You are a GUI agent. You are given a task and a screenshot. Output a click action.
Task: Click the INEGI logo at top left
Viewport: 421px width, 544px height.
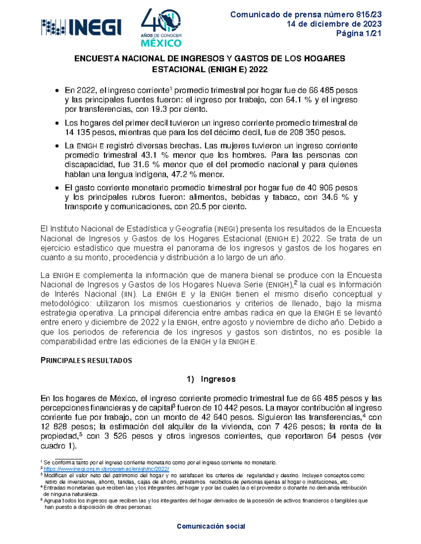pyautogui.click(x=81, y=27)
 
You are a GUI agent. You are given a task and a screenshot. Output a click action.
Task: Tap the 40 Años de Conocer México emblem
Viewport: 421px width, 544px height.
pyautogui.click(x=161, y=28)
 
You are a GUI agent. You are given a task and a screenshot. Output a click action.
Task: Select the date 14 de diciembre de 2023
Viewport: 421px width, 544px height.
pyautogui.click(x=334, y=24)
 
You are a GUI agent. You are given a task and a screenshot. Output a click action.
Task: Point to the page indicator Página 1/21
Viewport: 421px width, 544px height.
pyautogui.click(x=359, y=34)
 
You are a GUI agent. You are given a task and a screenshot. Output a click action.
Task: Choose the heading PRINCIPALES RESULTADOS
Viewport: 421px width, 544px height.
pyautogui.click(x=86, y=361)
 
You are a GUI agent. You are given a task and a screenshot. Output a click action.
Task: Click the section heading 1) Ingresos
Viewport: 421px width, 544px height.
pyautogui.click(x=211, y=379)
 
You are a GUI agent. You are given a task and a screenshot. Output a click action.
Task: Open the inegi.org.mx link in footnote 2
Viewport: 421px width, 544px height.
pyautogui.click(x=106, y=469)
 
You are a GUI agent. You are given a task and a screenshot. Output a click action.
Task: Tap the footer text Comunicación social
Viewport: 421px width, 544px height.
pyautogui.click(x=211, y=526)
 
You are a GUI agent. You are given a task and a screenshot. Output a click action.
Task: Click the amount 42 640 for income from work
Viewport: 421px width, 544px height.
pyautogui.click(x=216, y=418)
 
